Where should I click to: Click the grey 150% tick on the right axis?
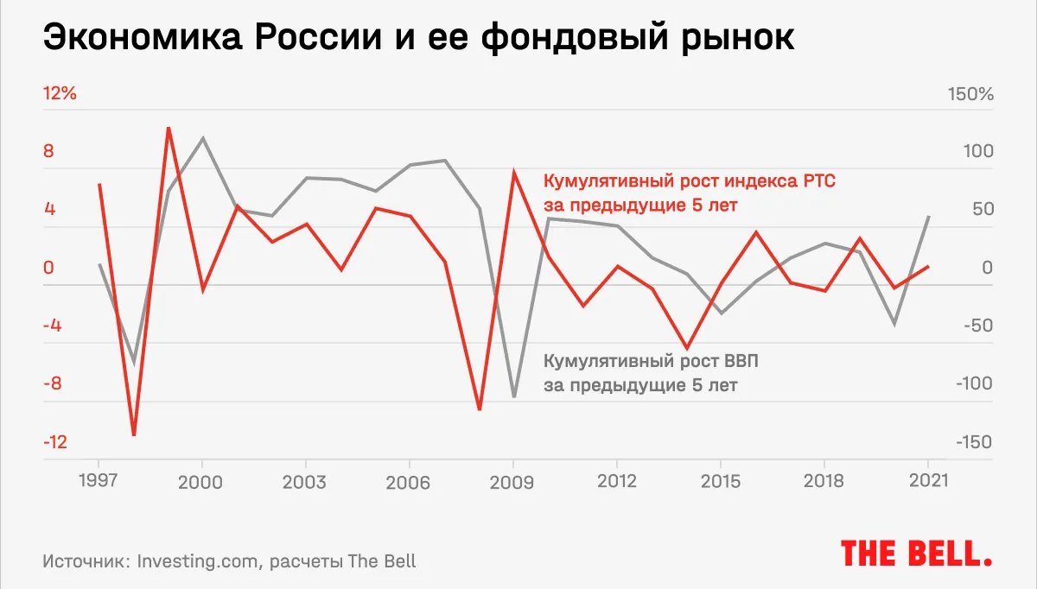(973, 93)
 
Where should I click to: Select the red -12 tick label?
(55, 442)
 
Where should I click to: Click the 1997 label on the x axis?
(99, 482)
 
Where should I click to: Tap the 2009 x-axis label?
(513, 482)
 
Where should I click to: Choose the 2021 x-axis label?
(927, 482)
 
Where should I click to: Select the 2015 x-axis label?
(721, 482)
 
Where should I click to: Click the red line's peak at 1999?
(169, 128)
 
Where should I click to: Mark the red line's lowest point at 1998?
(134, 434)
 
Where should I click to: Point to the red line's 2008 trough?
(480, 409)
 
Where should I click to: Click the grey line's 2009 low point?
(514, 396)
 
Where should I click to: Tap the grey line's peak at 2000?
(202, 138)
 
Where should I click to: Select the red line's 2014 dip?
(687, 348)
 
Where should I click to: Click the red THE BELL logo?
(916, 553)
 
